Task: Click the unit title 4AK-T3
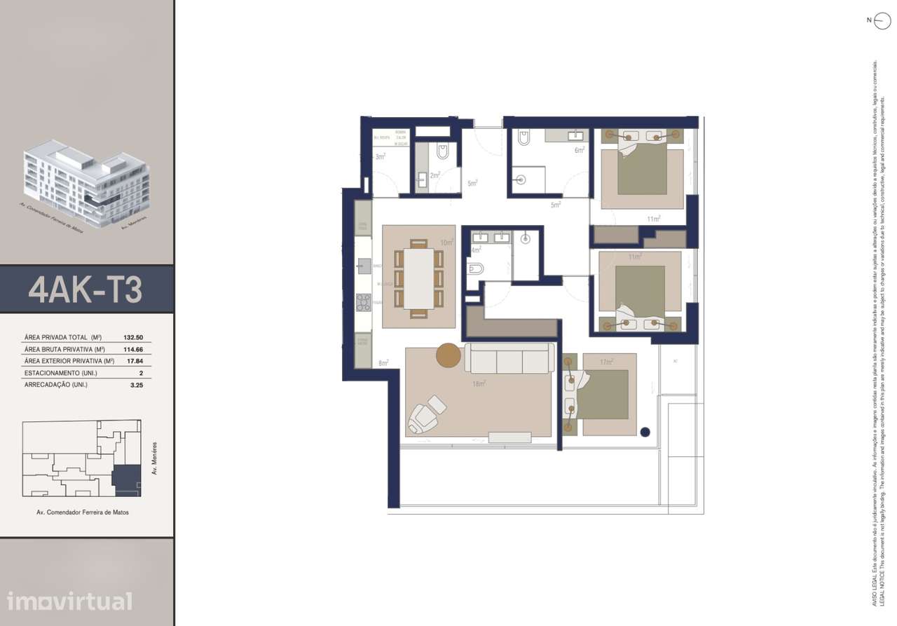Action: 85,290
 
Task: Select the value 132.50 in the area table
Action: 133,337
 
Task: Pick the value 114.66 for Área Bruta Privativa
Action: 133,349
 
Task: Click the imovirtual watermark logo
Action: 69,601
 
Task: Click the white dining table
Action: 418,278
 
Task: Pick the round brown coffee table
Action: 448,355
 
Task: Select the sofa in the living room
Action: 510,358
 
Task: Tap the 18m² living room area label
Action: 479,383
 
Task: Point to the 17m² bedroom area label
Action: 607,362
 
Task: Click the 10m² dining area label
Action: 446,243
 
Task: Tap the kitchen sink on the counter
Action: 364,265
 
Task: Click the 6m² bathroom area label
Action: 580,150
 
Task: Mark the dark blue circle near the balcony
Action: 645,432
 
